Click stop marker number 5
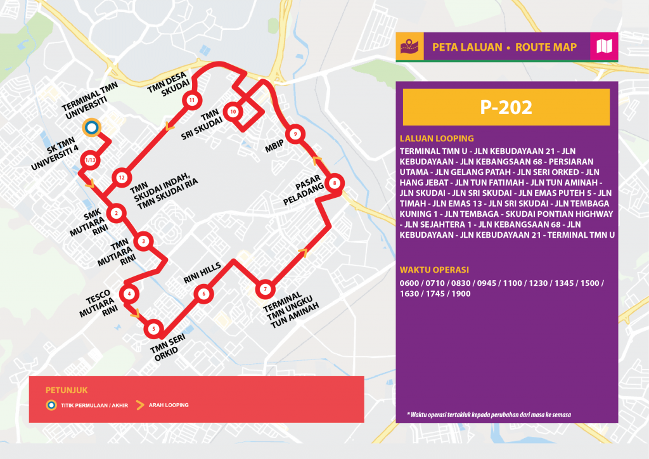(x=154, y=330)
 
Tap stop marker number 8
(x=335, y=184)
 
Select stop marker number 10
(x=233, y=112)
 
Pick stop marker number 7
(x=265, y=290)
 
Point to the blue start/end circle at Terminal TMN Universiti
(x=91, y=128)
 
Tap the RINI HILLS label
(x=202, y=272)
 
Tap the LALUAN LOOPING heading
(x=437, y=138)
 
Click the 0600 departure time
(x=411, y=282)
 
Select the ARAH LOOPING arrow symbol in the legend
(x=140, y=404)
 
